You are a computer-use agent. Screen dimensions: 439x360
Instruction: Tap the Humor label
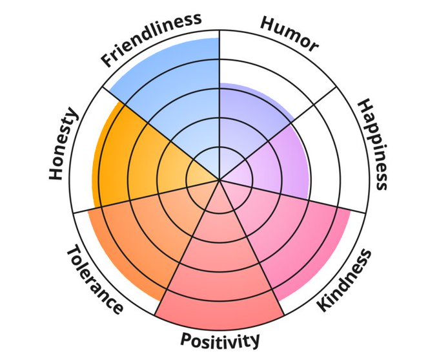pyautogui.click(x=289, y=33)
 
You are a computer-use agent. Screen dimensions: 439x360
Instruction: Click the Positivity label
pyautogui.click(x=220, y=339)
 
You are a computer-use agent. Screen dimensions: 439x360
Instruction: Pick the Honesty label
pyautogui.click(x=63, y=145)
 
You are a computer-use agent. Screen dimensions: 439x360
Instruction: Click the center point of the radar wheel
pyautogui.click(x=219, y=180)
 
